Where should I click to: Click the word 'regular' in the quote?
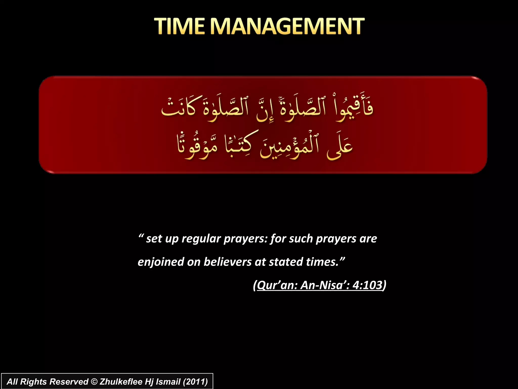201,239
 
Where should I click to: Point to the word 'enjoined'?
161,262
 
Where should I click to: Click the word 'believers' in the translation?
227,262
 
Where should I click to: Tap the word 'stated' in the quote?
286,262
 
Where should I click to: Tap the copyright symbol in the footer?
94,382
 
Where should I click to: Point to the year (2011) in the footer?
195,382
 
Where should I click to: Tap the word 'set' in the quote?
154,239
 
